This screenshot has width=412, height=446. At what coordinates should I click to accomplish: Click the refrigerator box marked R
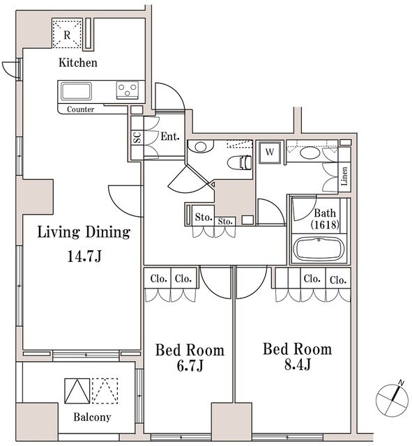tap(68, 35)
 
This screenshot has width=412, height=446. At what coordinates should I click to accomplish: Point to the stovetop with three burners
tap(126, 89)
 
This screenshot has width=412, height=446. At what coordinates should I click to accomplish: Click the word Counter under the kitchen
tap(81, 109)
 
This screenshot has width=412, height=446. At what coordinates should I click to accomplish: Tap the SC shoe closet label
tap(136, 137)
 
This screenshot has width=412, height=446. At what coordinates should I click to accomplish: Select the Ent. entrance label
tap(169, 137)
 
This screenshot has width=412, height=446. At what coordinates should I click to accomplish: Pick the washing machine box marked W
tap(270, 151)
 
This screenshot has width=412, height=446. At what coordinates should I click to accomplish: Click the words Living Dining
tap(83, 233)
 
